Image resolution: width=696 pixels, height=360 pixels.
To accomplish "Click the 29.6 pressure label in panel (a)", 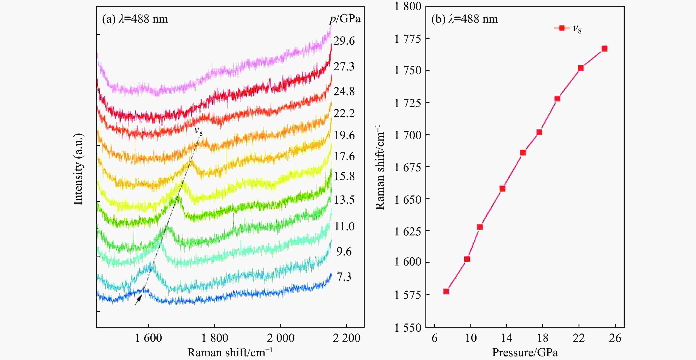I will tap(344, 41).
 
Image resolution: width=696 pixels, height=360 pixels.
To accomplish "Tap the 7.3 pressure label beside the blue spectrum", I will tap(344, 277).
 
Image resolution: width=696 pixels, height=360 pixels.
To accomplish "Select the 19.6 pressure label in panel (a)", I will tap(344, 135).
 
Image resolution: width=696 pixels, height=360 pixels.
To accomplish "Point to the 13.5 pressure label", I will tap(344, 200).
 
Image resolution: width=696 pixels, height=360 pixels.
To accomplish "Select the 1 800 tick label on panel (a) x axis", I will tap(215, 338).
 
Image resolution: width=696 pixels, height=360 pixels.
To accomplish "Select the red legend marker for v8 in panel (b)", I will tap(562, 28).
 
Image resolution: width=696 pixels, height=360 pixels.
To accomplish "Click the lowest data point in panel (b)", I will tap(446, 291).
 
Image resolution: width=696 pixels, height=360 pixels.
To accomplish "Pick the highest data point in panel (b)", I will tap(605, 49).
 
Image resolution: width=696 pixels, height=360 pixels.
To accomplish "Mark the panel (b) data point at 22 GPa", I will tap(581, 68).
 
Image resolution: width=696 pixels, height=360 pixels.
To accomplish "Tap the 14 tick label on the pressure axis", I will tap(507, 338).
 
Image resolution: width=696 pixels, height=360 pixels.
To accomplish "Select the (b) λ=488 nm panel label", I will tap(464, 19).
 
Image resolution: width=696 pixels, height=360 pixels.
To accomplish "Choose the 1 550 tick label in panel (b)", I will tap(408, 328).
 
